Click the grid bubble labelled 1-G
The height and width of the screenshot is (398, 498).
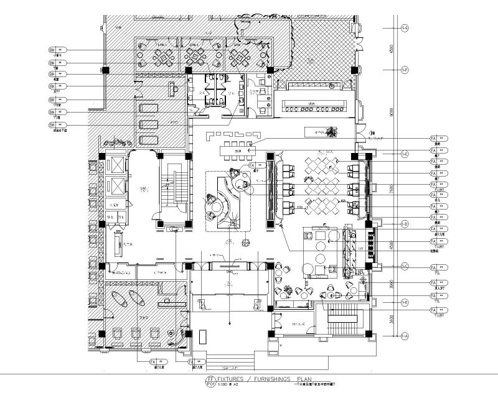[x=405, y=27]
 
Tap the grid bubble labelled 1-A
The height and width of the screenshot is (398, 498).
[x=405, y=336]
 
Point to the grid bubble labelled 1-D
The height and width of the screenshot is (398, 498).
[x=405, y=224]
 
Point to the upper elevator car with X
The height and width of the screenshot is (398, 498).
[x=116, y=165]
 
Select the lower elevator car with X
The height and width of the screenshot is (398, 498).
[x=116, y=185]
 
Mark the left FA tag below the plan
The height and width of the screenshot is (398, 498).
[x=153, y=360]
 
